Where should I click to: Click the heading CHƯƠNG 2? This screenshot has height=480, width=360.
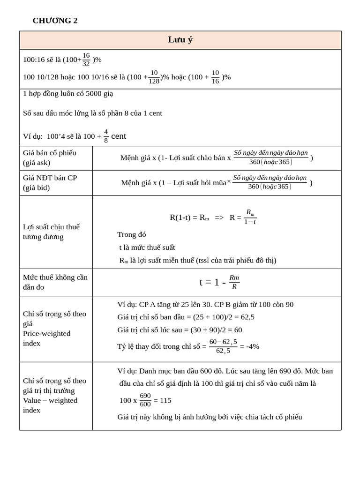tap(55, 21)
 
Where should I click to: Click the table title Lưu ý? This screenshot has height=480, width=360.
tap(180, 40)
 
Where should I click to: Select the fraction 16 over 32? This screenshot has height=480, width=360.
tap(86, 60)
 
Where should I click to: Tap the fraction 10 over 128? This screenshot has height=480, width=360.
tap(154, 77)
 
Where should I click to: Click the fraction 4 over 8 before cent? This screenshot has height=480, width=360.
tap(106, 136)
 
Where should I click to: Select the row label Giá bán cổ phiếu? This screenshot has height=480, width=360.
tap(50, 157)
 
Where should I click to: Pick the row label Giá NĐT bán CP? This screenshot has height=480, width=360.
tap(50, 182)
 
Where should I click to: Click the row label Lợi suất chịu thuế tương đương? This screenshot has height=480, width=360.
tap(52, 232)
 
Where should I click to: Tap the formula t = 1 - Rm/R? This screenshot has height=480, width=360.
tap(219, 282)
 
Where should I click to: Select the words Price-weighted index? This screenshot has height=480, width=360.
tap(46, 338)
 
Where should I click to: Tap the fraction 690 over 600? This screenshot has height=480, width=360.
tap(145, 400)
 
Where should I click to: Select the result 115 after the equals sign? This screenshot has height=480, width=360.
tap(165, 400)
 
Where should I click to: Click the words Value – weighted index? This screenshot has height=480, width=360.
tap(50, 405)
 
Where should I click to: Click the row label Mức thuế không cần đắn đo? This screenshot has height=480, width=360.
tap(55, 282)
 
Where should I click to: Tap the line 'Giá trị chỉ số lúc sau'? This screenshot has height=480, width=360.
tap(180, 330)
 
